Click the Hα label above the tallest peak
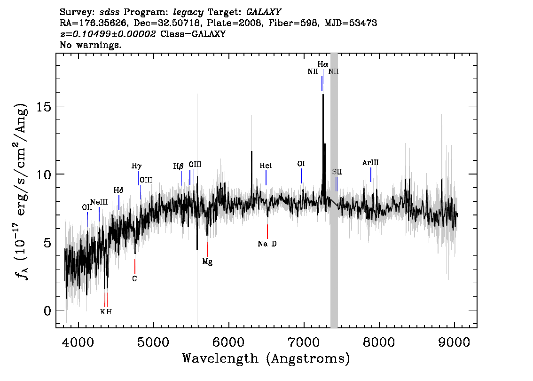(x=323, y=64)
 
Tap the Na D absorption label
(x=267, y=244)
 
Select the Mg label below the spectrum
(x=207, y=262)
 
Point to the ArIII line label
(x=370, y=163)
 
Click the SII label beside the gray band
(x=337, y=172)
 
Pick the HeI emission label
(x=266, y=166)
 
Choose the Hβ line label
(x=179, y=166)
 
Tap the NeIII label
(x=99, y=202)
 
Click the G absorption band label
(x=134, y=278)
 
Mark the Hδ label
(x=118, y=190)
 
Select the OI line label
(x=301, y=164)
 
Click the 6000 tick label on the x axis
(x=228, y=342)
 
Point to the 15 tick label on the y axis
(x=44, y=106)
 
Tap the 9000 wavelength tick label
(x=454, y=342)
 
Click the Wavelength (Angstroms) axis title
(x=266, y=358)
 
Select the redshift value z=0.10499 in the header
(x=108, y=34)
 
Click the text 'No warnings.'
(x=90, y=45)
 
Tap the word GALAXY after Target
(x=264, y=12)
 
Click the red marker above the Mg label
(x=208, y=249)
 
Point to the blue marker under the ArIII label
(x=371, y=175)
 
